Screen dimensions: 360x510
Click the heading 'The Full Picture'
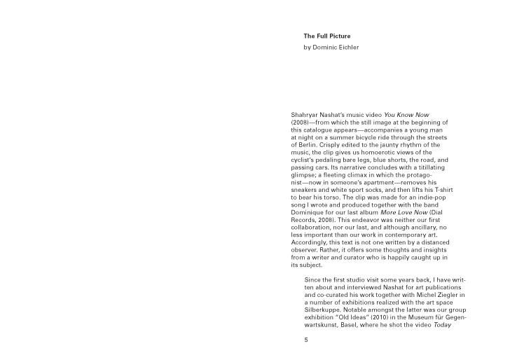(327, 36)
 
